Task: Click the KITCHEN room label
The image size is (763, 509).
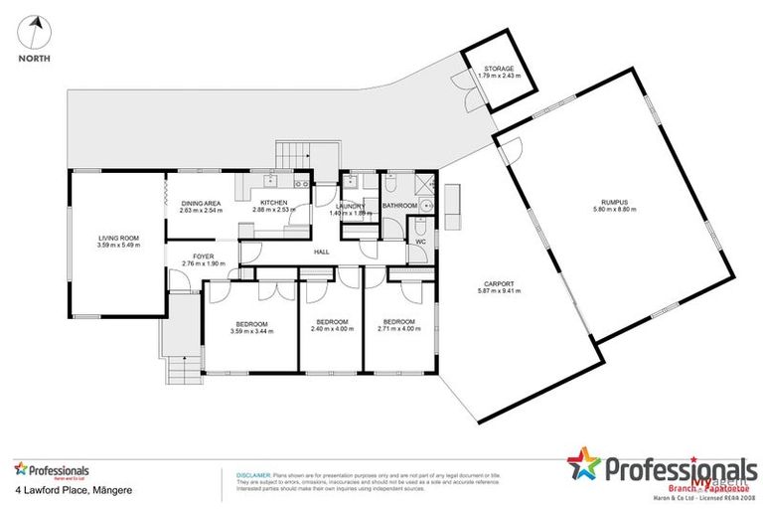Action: click(270, 203)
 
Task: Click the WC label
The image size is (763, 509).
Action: click(420, 241)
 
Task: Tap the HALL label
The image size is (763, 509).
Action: click(322, 253)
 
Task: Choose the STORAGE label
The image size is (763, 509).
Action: click(500, 70)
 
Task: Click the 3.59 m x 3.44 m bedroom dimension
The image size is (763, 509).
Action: click(250, 330)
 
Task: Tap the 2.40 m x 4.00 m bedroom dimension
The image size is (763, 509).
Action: click(331, 330)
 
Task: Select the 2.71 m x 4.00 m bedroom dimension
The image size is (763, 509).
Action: click(397, 330)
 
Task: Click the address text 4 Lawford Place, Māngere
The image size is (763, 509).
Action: click(62, 490)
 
